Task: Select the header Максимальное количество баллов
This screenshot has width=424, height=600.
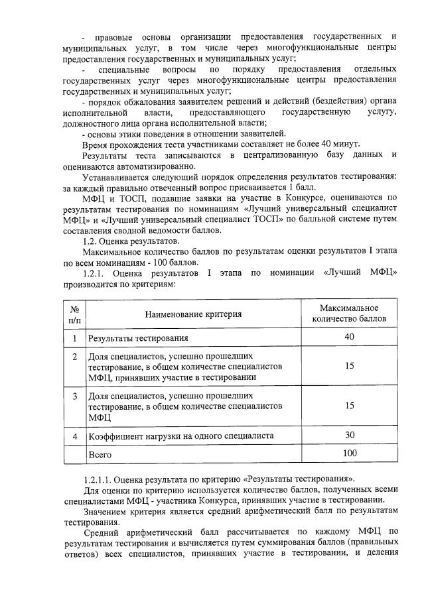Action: click(349, 314)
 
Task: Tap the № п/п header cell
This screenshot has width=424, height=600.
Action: click(75, 314)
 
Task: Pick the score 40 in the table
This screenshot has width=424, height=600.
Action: click(350, 337)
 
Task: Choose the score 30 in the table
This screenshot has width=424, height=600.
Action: click(350, 435)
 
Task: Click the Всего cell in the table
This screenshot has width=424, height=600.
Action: click(100, 455)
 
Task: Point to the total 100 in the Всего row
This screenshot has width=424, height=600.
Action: click(350, 453)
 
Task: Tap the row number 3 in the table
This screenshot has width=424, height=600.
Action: click(75, 396)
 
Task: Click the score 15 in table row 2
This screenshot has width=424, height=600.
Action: click(350, 366)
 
